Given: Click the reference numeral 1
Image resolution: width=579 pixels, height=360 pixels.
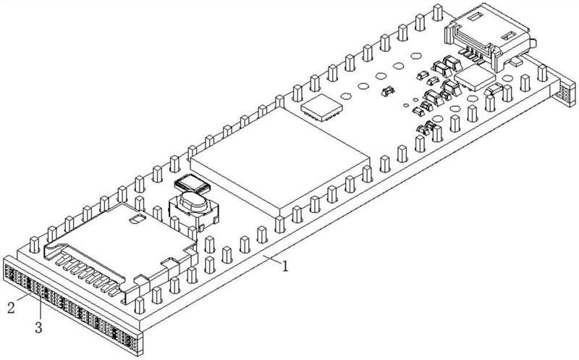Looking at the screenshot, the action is [285, 266].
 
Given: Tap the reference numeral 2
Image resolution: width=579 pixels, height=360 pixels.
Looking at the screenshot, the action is [11, 308].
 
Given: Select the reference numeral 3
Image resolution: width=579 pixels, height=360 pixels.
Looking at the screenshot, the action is [39, 327].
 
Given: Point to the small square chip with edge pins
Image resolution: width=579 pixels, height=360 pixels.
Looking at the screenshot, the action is [321, 107].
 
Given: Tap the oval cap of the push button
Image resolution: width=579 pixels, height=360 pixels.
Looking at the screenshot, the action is [193, 201].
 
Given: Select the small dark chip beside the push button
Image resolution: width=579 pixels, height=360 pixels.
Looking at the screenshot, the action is [192, 183].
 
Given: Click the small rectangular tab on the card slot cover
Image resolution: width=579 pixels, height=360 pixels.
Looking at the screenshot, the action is [136, 219].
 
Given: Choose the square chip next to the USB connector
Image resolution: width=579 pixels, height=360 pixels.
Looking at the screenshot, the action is [475, 78].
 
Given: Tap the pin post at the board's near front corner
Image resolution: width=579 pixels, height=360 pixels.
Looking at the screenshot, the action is [139, 305].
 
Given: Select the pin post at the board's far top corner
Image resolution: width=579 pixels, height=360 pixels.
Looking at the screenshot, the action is [438, 12].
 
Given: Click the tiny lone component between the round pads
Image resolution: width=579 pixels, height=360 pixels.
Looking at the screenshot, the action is [387, 91].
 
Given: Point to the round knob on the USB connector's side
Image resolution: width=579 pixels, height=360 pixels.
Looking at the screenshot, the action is [533, 43].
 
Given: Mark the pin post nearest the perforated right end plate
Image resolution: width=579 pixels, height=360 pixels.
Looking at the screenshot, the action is [542, 73].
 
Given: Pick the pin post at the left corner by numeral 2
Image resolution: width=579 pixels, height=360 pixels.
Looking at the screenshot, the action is [34, 245].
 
